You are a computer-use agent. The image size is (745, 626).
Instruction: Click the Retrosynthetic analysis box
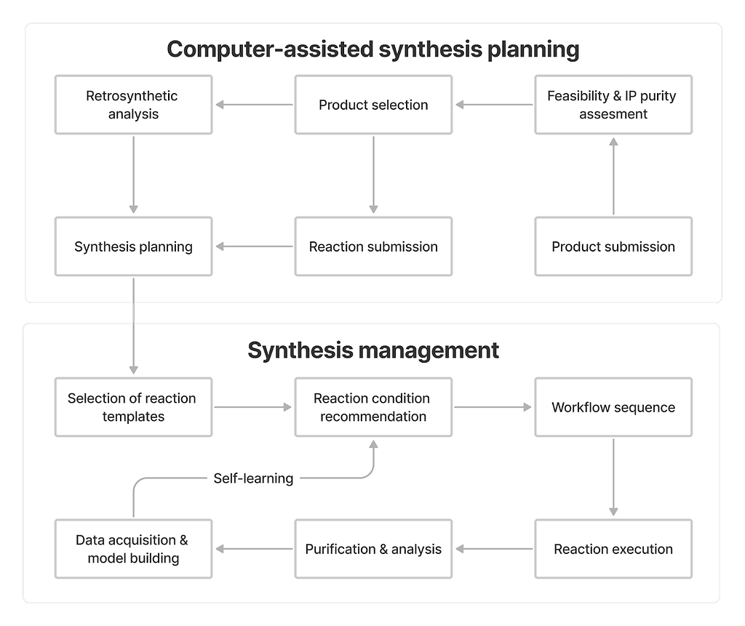click(x=134, y=105)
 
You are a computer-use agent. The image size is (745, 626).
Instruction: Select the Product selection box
click(x=373, y=105)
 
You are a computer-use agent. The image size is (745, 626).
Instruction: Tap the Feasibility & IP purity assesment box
click(x=613, y=105)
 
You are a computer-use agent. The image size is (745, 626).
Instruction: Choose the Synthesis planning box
click(x=134, y=246)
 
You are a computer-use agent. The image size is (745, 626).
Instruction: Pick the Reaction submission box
click(x=373, y=246)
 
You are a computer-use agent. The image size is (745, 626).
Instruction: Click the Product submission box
click(x=613, y=246)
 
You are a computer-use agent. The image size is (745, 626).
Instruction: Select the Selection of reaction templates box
click(x=134, y=407)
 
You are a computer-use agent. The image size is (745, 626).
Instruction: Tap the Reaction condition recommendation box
click(x=373, y=407)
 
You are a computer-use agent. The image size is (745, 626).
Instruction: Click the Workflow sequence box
click(x=613, y=407)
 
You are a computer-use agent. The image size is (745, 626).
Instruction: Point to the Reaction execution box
click(x=613, y=549)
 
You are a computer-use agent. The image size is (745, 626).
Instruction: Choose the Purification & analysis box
click(x=373, y=549)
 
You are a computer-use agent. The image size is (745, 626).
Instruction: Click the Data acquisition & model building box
click(x=134, y=549)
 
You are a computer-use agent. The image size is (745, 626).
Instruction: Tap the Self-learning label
click(x=253, y=478)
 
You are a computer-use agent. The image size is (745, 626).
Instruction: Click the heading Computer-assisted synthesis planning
click(x=373, y=49)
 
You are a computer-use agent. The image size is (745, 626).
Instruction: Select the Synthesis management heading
click(x=373, y=350)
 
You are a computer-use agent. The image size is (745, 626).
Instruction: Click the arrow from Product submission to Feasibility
click(x=613, y=176)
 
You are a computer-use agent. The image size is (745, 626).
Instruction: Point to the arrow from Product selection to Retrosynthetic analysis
click(x=254, y=105)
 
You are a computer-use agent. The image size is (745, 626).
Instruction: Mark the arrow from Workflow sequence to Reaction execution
click(x=613, y=478)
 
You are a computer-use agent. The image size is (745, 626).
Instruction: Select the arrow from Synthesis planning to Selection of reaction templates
click(x=134, y=326)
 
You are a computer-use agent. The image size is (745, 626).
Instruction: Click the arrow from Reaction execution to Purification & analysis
click(x=494, y=549)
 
